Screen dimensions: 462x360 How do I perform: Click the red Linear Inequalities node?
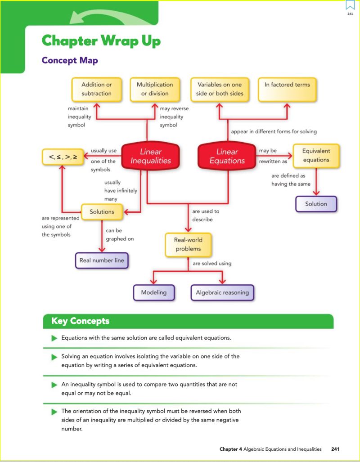coord(151,156)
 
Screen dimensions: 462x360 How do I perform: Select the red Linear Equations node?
coord(227,156)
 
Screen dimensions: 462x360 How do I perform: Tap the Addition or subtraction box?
coord(96,89)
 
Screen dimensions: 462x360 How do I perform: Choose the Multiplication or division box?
coord(155,89)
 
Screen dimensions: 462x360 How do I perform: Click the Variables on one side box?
coord(220,89)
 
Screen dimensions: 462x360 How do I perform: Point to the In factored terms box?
coord(287,89)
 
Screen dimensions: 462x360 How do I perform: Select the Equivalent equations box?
coord(316,156)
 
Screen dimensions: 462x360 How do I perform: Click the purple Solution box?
coord(316,204)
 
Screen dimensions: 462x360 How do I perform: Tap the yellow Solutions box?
coord(102,211)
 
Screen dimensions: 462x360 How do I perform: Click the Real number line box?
coord(102,260)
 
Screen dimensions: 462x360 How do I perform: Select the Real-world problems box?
coord(188,244)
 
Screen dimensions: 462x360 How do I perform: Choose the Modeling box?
coord(154,292)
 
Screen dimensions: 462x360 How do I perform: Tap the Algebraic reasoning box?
coord(222,292)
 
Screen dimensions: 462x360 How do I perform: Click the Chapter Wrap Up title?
coord(101,41)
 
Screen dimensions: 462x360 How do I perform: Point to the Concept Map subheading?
coord(70,60)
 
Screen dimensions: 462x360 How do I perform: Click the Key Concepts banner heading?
coord(81,321)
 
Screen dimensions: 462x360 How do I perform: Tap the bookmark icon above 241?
coord(350,5)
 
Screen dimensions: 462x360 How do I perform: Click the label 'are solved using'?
coord(212,263)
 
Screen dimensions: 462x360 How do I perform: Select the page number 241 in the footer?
coord(335,449)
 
